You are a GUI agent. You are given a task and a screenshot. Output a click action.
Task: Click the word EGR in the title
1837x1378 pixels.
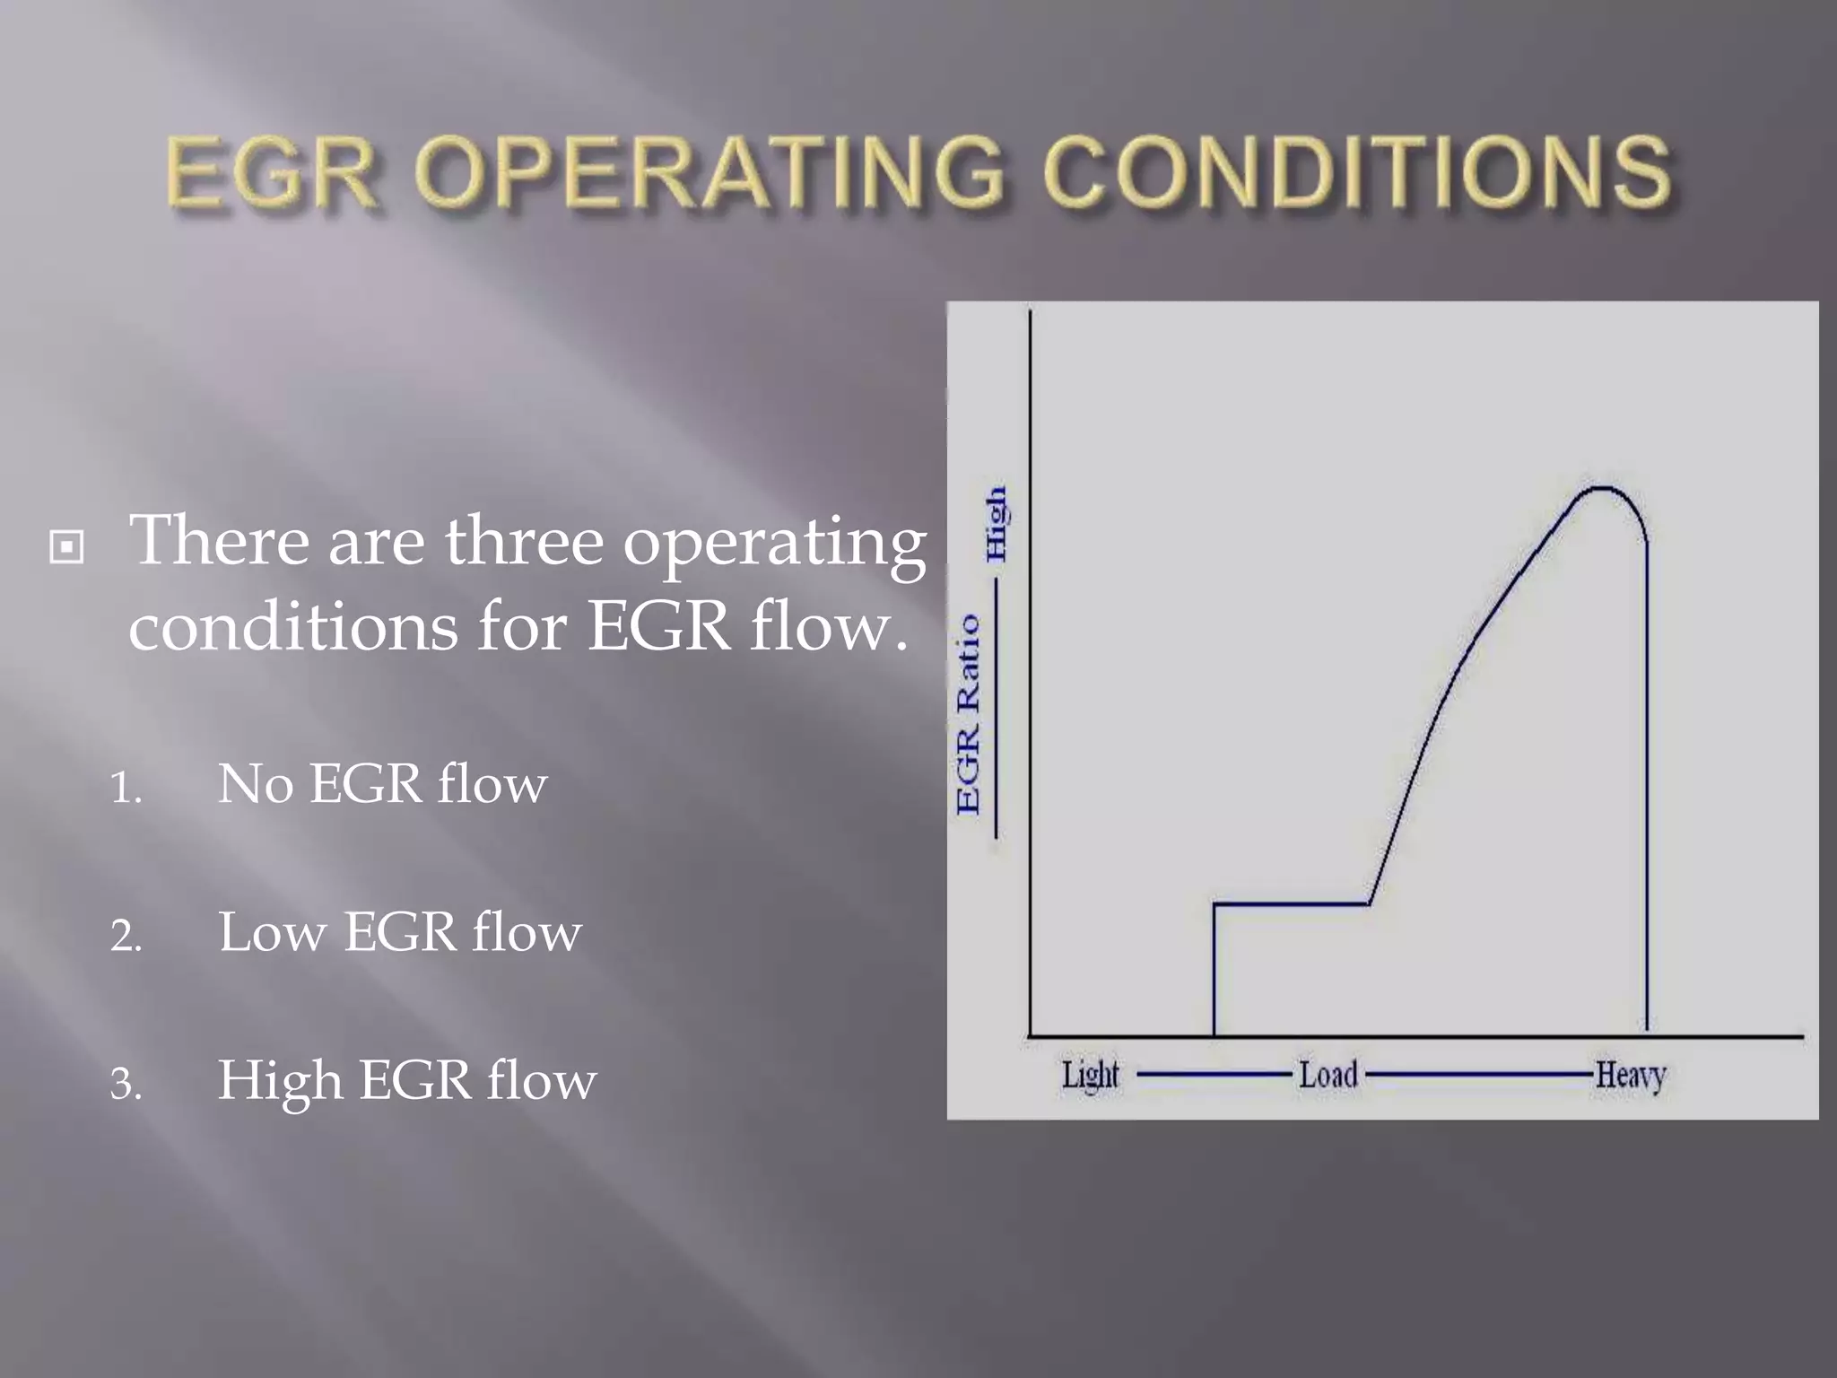[270, 172]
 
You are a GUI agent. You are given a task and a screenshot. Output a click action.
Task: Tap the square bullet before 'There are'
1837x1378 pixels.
[67, 546]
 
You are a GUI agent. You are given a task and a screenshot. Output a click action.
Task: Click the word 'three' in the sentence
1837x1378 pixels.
[525, 541]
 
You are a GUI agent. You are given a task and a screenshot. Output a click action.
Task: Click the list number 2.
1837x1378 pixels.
[126, 937]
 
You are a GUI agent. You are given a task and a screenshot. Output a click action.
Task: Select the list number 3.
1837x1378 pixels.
[126, 1085]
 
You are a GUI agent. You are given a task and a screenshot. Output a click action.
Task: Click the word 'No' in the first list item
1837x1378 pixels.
[256, 784]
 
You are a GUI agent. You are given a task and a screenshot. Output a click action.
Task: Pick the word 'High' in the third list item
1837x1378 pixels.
[280, 1081]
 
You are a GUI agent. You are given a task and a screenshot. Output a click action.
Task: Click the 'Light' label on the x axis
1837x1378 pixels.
[1090, 1075]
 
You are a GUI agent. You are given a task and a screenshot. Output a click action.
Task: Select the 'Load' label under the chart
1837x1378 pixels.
[1328, 1074]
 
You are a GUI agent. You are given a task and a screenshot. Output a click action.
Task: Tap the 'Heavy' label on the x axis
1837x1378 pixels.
[1630, 1075]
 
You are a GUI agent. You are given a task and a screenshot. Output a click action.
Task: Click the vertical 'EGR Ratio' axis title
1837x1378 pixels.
[969, 715]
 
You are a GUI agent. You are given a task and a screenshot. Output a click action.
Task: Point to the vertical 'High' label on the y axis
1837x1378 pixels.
[996, 525]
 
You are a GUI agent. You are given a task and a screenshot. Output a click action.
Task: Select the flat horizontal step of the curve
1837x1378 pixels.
[1292, 904]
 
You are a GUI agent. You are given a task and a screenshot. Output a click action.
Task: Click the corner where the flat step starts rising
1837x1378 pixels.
[1370, 903]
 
